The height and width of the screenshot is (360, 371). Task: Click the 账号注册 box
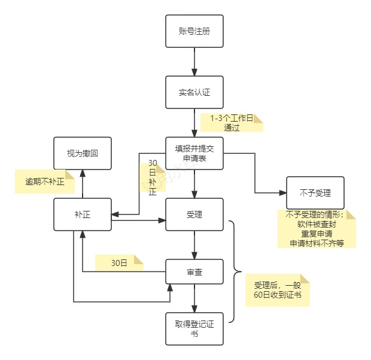[194, 31]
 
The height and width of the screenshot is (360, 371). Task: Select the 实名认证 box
[194, 92]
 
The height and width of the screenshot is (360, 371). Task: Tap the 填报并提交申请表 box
[194, 153]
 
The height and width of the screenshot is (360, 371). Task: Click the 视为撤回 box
[82, 153]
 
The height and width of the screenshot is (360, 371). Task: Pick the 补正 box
[82, 214]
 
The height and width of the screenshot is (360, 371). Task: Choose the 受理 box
[194, 214]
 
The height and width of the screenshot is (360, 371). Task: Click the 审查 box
[194, 273]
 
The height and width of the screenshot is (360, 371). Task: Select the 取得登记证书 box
[194, 328]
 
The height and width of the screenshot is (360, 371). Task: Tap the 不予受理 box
[315, 193]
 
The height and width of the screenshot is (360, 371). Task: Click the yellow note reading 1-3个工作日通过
[232, 123]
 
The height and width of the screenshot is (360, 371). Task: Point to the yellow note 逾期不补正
[45, 181]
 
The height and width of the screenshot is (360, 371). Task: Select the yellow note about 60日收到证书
[277, 290]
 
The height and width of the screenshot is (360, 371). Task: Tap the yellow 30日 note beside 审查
[120, 262]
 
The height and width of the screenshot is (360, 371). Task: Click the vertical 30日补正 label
[152, 178]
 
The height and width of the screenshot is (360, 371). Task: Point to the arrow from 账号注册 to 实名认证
[194, 61]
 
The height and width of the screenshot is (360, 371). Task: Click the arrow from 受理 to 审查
[194, 244]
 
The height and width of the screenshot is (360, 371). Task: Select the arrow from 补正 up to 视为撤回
[82, 183]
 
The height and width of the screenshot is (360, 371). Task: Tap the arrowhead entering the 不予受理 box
[282, 193]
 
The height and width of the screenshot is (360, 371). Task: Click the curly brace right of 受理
[235, 271]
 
